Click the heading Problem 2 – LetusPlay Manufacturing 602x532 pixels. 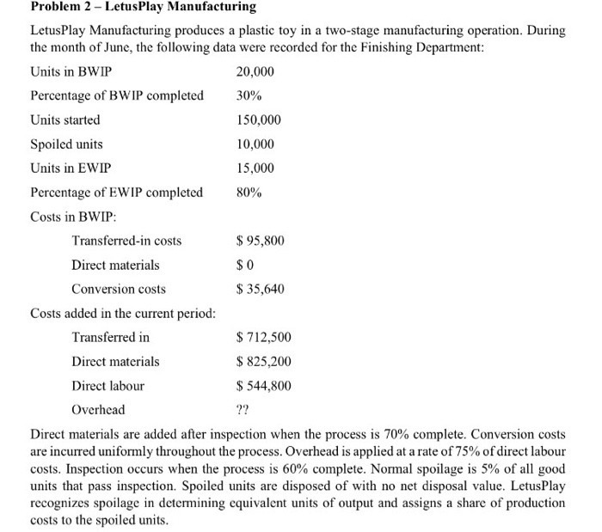[x=143, y=8]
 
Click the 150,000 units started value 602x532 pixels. [x=258, y=120]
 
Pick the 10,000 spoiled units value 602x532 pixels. [x=255, y=144]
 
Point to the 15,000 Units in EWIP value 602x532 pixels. [x=255, y=168]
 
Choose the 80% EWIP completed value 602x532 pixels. [x=249, y=193]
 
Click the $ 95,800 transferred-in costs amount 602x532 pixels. [x=261, y=241]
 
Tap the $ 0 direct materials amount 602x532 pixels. [x=245, y=265]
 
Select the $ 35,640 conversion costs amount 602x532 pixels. [x=261, y=289]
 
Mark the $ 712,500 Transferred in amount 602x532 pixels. [x=263, y=338]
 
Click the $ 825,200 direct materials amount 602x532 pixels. [x=263, y=362]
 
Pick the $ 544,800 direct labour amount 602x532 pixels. [x=263, y=386]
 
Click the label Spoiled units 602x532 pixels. [x=66, y=144]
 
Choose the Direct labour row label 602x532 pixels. [x=107, y=386]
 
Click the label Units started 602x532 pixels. [x=64, y=120]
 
